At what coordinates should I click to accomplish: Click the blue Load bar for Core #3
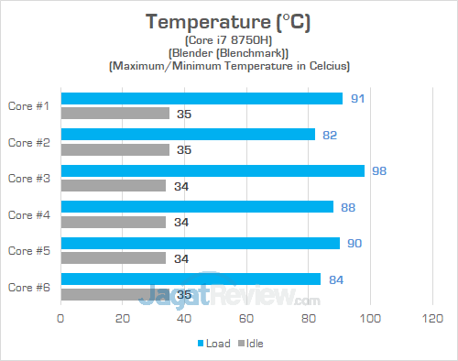click(213, 170)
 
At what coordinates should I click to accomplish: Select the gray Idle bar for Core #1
click(114, 114)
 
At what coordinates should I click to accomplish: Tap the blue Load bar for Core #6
click(191, 279)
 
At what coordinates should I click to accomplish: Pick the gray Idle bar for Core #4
click(113, 222)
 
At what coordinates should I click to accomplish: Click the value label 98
click(379, 170)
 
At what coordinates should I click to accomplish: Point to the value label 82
click(330, 135)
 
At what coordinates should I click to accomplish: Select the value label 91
click(357, 98)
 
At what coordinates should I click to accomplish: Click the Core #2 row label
click(28, 142)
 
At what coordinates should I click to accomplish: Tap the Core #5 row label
click(28, 250)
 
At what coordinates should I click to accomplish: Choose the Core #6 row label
click(28, 286)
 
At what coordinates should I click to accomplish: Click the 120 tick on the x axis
click(431, 318)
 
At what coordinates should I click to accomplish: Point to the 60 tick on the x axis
click(245, 318)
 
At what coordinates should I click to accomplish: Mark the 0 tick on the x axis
click(60, 318)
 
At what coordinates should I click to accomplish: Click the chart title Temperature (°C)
click(228, 21)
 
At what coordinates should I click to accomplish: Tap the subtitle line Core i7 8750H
click(228, 39)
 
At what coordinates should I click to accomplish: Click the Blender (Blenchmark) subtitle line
click(228, 52)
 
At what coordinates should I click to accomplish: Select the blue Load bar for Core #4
click(197, 206)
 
